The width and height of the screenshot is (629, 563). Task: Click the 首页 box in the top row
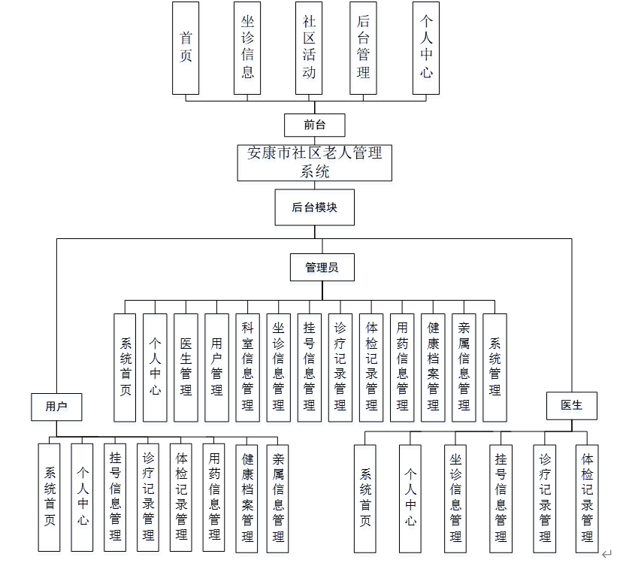(186, 47)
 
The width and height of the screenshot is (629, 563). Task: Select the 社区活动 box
(309, 47)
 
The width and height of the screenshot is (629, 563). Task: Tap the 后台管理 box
(363, 47)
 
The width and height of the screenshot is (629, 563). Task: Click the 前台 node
(314, 125)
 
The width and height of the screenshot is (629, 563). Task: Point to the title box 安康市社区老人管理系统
(314, 162)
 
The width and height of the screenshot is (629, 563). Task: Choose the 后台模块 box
(314, 207)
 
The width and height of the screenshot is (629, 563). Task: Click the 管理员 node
(321, 267)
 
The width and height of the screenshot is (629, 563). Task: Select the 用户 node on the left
(56, 406)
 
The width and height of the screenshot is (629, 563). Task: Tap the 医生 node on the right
(571, 405)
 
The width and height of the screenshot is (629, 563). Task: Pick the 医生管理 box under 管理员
(186, 367)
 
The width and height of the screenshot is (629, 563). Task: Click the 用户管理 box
(216, 367)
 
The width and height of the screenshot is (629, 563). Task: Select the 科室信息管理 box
(247, 367)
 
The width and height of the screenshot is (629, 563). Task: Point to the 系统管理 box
(494, 367)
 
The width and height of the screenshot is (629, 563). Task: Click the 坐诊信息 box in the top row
(247, 47)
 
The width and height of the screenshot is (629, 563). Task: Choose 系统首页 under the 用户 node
(50, 497)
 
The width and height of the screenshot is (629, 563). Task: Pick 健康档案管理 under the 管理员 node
(433, 367)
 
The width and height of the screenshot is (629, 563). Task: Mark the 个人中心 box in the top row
(426, 47)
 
